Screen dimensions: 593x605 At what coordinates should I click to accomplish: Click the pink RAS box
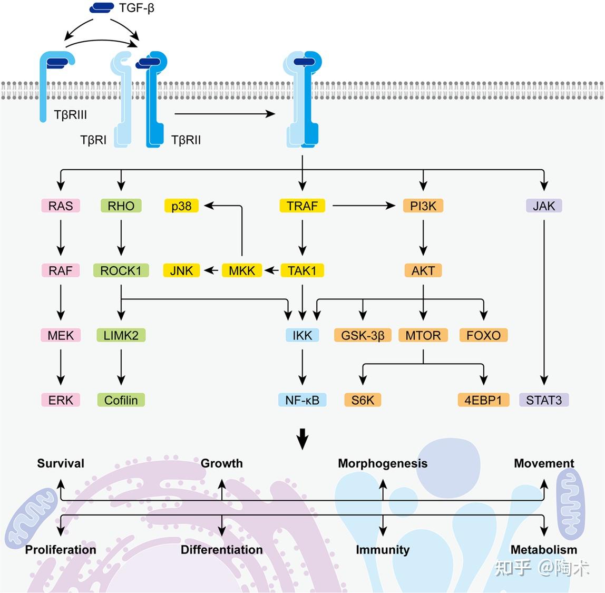[x=61, y=206]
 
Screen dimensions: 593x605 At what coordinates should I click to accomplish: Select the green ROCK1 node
[x=121, y=270]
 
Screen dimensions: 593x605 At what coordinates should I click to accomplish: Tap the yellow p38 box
[x=181, y=206]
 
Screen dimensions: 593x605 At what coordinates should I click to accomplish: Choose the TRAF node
[x=302, y=206]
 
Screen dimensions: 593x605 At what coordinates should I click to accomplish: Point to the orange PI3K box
[x=423, y=206]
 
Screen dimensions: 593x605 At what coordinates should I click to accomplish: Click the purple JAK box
[x=544, y=206]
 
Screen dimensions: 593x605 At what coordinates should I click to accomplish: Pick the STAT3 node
[x=544, y=400]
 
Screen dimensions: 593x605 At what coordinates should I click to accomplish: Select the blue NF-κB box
[x=302, y=400]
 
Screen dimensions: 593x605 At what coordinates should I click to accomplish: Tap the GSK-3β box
[x=363, y=335]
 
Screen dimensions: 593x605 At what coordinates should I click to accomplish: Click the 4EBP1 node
[x=483, y=400]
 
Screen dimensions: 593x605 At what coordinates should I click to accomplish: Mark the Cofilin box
[x=121, y=400]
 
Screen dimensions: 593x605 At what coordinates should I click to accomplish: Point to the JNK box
[x=181, y=270]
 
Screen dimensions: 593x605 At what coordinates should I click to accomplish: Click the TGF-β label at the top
[x=136, y=8]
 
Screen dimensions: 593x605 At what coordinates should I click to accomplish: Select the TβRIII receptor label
[x=70, y=115]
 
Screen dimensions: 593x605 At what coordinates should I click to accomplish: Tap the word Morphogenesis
[x=383, y=463]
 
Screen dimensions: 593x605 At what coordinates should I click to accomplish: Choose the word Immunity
[x=383, y=550]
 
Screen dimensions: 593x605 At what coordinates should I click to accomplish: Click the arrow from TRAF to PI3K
[x=364, y=206]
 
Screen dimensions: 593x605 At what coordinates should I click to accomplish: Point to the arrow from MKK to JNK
[x=212, y=270]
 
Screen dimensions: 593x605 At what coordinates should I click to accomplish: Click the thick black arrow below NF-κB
[x=302, y=439]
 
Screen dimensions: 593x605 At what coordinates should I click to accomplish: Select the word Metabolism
[x=544, y=550]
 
